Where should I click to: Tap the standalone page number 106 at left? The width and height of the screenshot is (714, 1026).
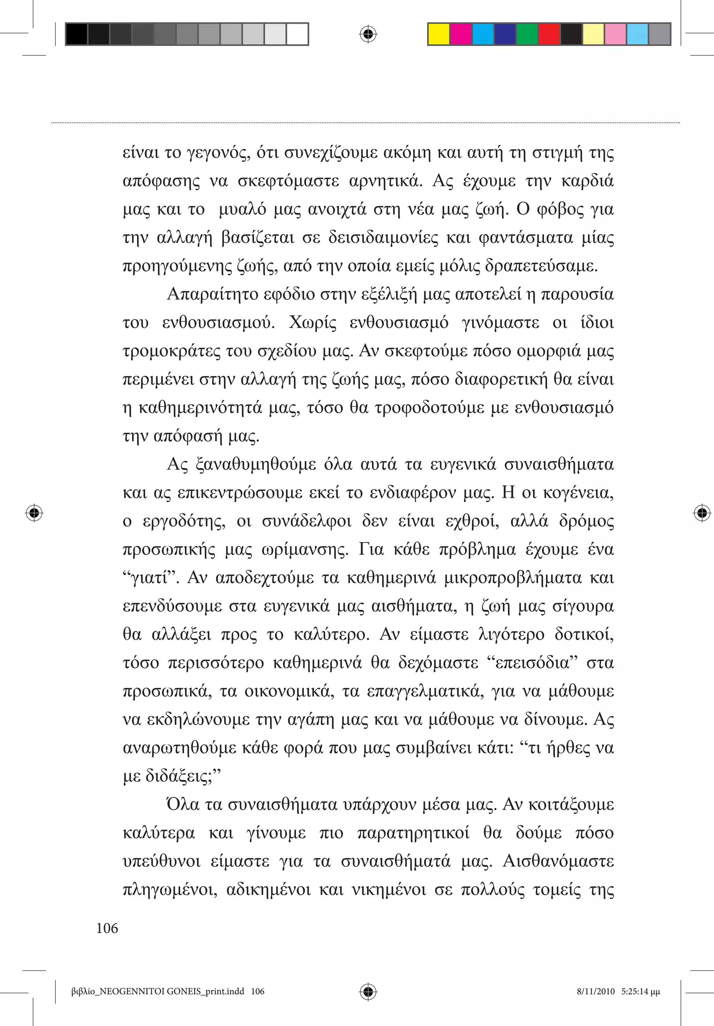pos(107,928)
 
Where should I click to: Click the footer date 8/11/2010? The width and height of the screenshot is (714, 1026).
pos(596,992)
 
